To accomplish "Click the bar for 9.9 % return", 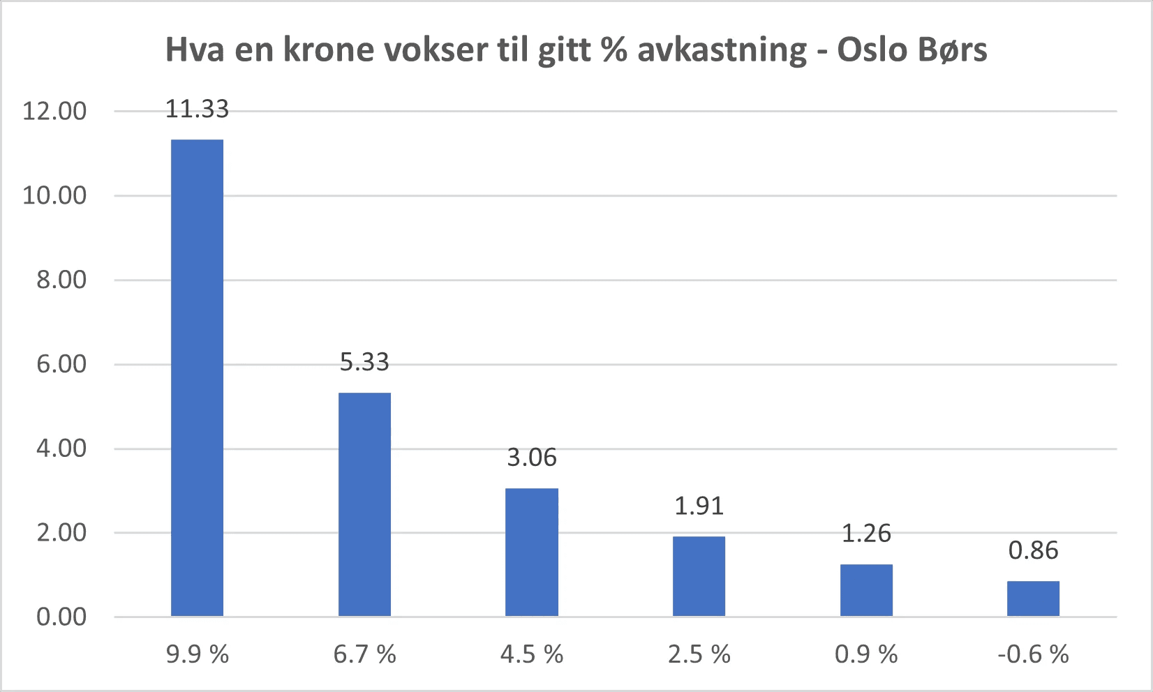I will (x=197, y=377).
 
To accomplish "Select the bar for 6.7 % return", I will (x=364, y=504).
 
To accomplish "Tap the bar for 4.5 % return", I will (x=532, y=552).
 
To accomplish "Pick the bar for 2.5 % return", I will (x=699, y=576).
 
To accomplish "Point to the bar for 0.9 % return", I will (x=866, y=590).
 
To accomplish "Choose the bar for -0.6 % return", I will (x=1033, y=599).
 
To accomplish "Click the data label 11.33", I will (x=197, y=110).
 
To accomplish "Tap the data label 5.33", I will (x=364, y=362).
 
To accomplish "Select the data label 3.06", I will (x=532, y=458).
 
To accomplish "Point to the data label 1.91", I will (x=699, y=506).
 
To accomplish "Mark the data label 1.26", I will (x=866, y=534).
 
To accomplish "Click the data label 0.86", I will (x=1033, y=550).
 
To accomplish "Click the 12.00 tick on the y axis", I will (x=54, y=111).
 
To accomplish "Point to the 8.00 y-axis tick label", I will (x=61, y=280).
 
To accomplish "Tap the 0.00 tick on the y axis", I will (x=61, y=617).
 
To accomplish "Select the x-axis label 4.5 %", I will (x=532, y=654).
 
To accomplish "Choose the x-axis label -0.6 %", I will (x=1033, y=654).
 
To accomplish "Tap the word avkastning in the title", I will (x=722, y=50).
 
